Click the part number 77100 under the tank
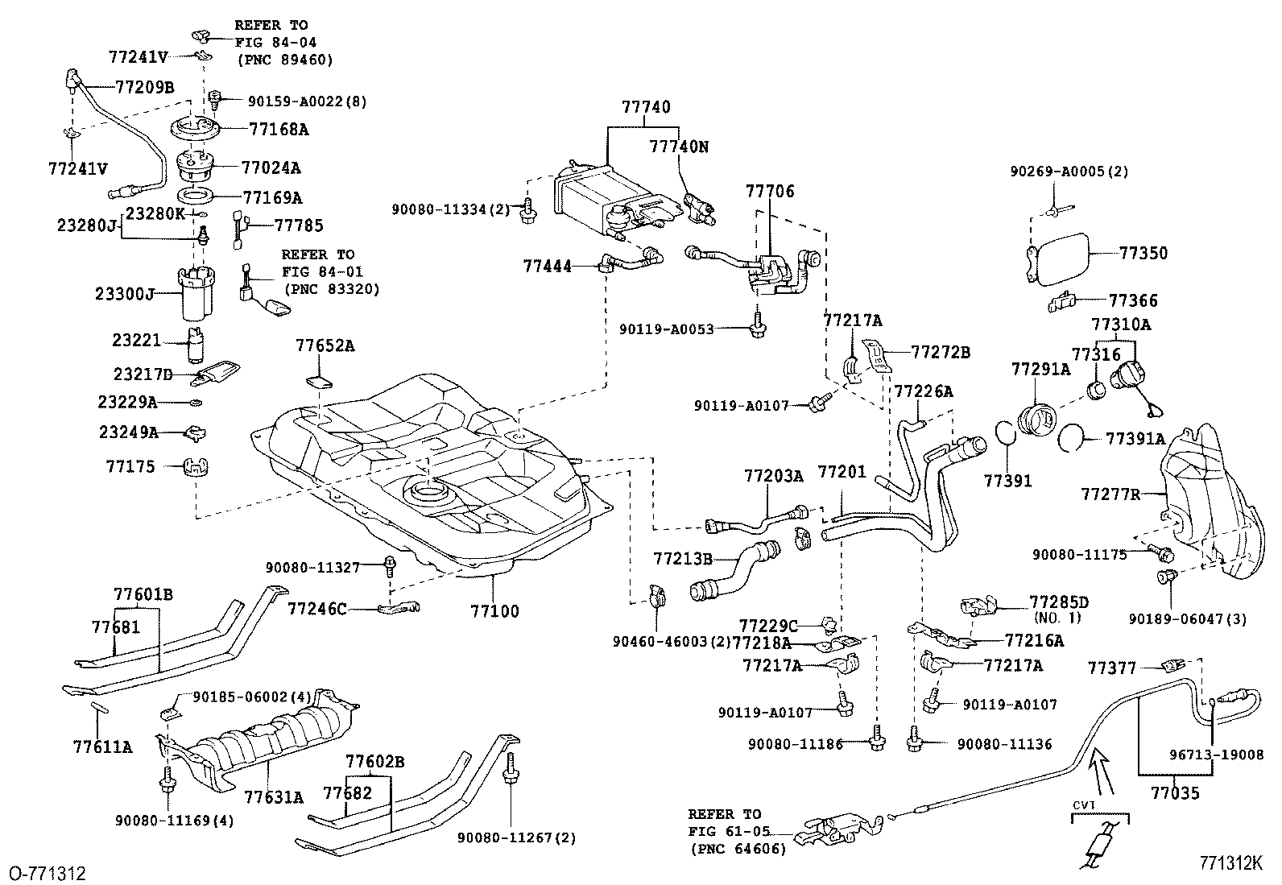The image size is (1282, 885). pyautogui.click(x=494, y=610)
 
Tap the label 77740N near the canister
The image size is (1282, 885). pyautogui.click(x=678, y=147)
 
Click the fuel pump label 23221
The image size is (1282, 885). pyautogui.click(x=137, y=341)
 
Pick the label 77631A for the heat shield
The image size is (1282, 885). pyautogui.click(x=274, y=797)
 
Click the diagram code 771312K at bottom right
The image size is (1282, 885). pyautogui.click(x=1230, y=863)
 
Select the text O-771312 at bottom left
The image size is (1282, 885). pyautogui.click(x=46, y=873)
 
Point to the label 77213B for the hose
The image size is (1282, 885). pyautogui.click(x=683, y=557)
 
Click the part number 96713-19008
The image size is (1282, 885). pyautogui.click(x=1216, y=755)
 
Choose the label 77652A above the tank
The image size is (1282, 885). pyautogui.click(x=325, y=346)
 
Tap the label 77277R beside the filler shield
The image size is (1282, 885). pyautogui.click(x=1110, y=494)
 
